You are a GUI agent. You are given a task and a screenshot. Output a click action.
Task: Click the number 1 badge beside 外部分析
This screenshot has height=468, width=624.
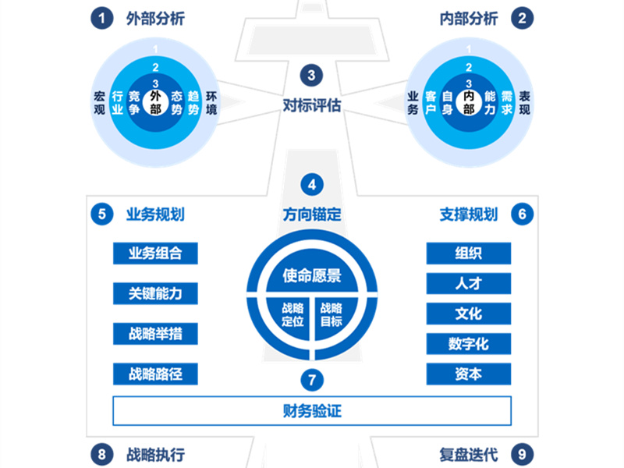tap(101, 18)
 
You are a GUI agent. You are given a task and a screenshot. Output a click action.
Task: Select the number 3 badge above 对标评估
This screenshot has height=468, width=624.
tap(311, 76)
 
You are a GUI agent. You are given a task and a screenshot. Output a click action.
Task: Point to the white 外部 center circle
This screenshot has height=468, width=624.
tap(156, 101)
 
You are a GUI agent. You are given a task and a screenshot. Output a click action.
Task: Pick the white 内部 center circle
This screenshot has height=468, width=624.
tap(468, 101)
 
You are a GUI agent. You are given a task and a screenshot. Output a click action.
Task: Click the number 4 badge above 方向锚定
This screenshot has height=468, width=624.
tap(311, 185)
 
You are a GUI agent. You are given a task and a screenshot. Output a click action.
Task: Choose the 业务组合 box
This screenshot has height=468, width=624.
tap(155, 253)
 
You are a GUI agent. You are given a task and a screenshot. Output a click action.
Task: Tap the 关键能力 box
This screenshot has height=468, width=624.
tap(155, 293)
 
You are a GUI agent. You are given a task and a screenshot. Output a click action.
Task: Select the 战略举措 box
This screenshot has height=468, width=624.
tap(155, 334)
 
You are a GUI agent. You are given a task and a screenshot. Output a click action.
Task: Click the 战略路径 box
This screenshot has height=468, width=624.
tap(155, 374)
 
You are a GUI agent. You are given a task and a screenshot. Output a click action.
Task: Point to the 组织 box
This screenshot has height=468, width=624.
tap(468, 253)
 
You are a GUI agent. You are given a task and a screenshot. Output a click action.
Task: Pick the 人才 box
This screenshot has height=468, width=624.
tap(468, 283)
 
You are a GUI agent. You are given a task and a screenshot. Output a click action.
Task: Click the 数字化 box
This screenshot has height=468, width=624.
tap(468, 344)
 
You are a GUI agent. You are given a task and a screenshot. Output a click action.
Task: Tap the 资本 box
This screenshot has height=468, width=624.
tap(468, 374)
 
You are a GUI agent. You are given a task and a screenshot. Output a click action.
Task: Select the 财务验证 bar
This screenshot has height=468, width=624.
tap(312, 410)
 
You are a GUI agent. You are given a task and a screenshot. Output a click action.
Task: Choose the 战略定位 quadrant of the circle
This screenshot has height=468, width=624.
tap(292, 314)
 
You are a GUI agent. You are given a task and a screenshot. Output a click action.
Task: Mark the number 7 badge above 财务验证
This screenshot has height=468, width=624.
tap(311, 380)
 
